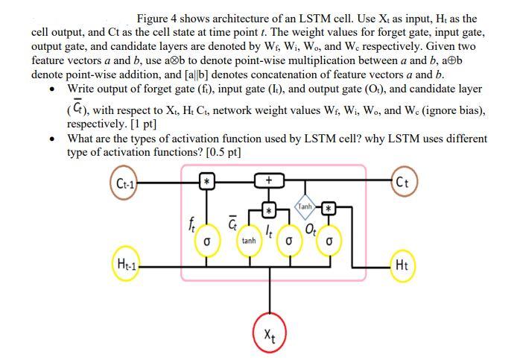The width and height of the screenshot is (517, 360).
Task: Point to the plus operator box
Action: (x=267, y=180)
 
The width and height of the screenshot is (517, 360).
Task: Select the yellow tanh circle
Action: (x=250, y=241)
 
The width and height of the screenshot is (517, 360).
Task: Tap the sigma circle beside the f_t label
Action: (x=210, y=241)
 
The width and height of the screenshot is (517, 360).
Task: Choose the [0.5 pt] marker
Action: (x=222, y=152)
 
